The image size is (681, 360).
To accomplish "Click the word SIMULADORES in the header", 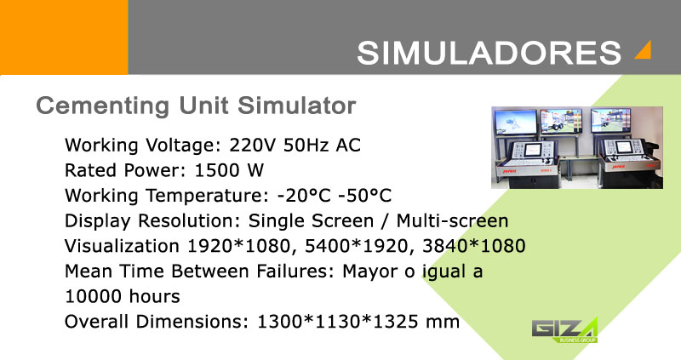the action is tap(489, 53).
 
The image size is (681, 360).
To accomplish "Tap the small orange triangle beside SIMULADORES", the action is tap(645, 51).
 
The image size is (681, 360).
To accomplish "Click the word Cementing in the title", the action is tap(102, 106).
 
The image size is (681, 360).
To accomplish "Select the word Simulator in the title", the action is tap(296, 106).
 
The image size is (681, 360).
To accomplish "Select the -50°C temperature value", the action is tap(365, 196).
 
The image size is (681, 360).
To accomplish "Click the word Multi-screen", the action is tap(452, 220).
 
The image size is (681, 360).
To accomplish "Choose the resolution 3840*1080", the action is tap(474, 246).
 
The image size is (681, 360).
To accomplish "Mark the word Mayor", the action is tap(369, 271).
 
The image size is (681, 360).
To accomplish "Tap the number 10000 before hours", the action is tap(93, 296).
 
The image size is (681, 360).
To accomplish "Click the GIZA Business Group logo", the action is tap(564, 330).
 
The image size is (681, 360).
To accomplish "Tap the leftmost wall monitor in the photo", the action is tap(516, 122).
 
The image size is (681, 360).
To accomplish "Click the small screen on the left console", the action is tap(532, 150).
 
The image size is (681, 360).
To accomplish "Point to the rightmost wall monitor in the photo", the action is tap(610, 120).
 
